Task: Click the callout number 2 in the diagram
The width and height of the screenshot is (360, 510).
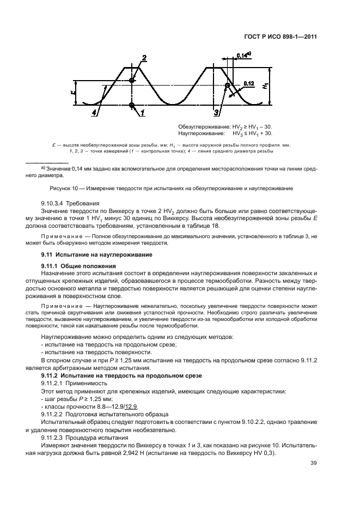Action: [144, 58]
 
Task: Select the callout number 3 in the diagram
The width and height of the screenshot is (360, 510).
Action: [216, 113]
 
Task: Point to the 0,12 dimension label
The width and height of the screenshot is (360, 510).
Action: [248, 83]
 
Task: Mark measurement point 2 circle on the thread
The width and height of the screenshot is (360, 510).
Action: [132, 81]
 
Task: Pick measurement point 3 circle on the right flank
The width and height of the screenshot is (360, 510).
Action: [227, 86]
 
